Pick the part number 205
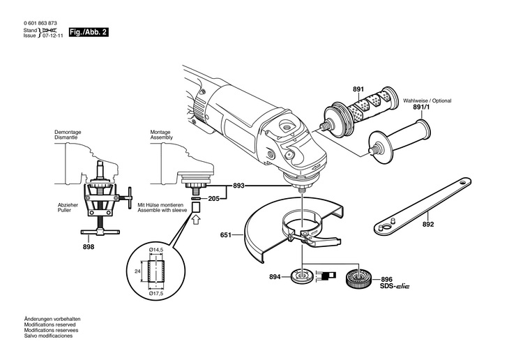click(214, 198)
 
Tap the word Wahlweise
click(416, 100)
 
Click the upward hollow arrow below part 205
click(196, 220)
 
